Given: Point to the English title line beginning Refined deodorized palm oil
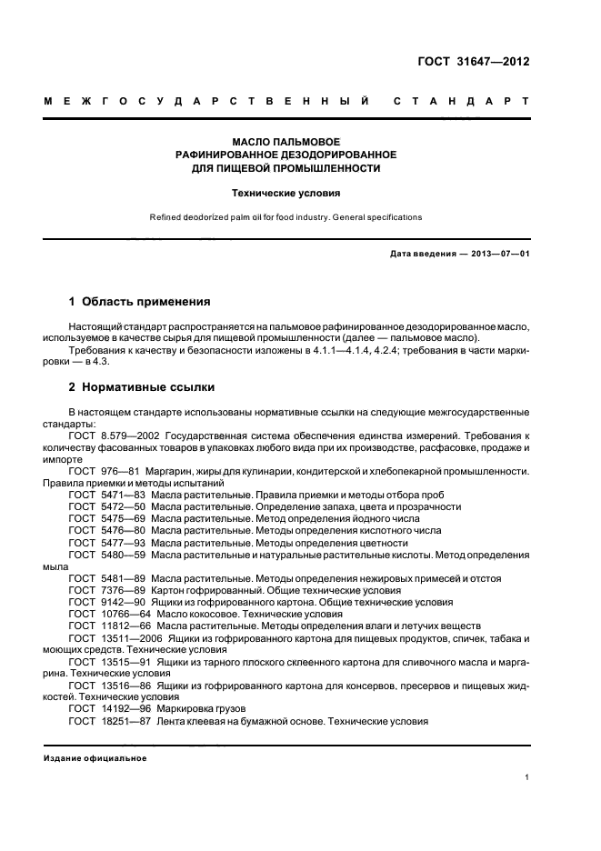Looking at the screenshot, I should point(285,218).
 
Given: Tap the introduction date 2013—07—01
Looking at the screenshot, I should point(494,254).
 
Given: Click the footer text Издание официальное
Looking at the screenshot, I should point(95,757).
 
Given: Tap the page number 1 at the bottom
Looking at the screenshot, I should point(526,777).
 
